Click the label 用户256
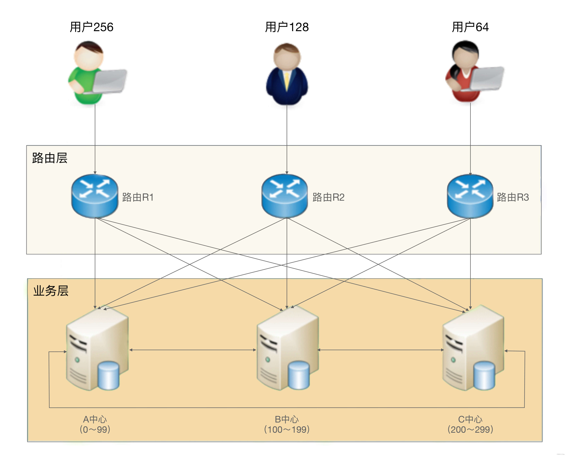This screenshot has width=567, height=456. (92, 27)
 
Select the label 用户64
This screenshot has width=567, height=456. (470, 27)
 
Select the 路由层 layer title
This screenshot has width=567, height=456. (50, 158)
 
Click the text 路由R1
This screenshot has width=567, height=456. (138, 197)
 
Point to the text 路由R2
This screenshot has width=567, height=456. (328, 197)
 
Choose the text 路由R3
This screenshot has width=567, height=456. (513, 197)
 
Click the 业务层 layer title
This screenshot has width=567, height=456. (51, 291)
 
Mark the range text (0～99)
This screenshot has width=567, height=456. (95, 429)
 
